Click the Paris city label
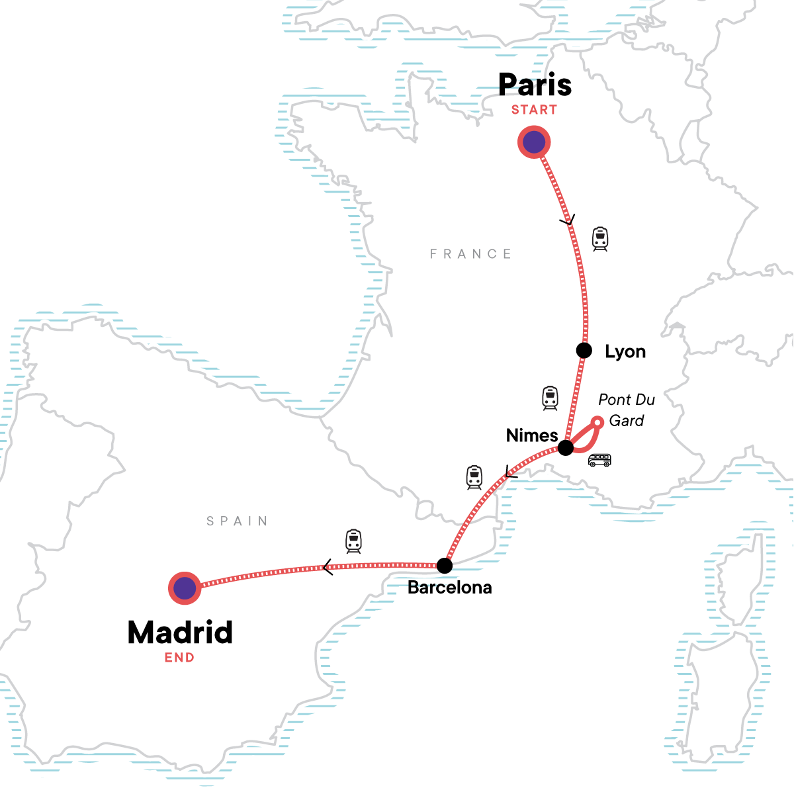535,85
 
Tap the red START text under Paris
534,110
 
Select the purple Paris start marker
534,142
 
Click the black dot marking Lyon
584,350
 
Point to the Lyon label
625,351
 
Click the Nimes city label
532,435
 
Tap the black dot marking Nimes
566,448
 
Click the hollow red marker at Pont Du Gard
597,421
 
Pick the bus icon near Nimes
599,460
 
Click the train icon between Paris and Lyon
599,239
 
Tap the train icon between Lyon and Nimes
550,398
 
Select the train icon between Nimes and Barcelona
474,477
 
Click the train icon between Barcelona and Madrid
354,541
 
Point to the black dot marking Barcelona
445,566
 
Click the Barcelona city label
449,588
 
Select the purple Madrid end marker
185,588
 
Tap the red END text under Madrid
179,658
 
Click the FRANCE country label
470,254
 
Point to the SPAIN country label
237,521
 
